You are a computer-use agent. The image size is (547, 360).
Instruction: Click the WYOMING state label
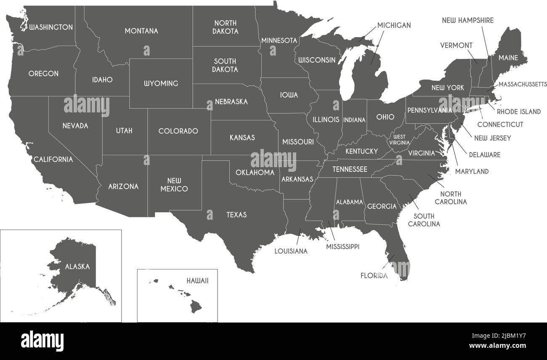(x=161, y=83)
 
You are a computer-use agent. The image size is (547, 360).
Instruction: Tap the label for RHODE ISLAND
(x=518, y=112)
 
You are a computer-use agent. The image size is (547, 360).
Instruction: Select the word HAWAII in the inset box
(x=197, y=280)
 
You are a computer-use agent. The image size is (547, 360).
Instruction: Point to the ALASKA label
(x=77, y=267)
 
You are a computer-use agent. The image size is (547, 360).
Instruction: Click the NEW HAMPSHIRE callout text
(x=467, y=20)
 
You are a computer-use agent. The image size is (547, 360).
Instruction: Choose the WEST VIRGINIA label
(x=399, y=140)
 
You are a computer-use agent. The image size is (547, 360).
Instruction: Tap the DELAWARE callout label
(x=485, y=155)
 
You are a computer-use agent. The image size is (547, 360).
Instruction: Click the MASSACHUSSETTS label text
(x=523, y=84)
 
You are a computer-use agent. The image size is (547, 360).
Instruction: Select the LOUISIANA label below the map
(x=291, y=251)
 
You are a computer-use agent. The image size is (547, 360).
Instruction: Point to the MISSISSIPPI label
(x=343, y=247)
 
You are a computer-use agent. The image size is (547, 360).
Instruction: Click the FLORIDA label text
(x=374, y=276)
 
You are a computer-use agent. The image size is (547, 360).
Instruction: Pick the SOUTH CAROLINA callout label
(x=424, y=220)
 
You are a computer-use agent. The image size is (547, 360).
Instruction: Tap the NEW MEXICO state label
(x=174, y=184)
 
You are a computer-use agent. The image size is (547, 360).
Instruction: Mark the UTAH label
(x=124, y=131)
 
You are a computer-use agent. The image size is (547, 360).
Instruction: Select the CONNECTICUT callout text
(x=500, y=125)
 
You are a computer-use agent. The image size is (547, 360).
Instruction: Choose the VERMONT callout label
(x=456, y=45)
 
